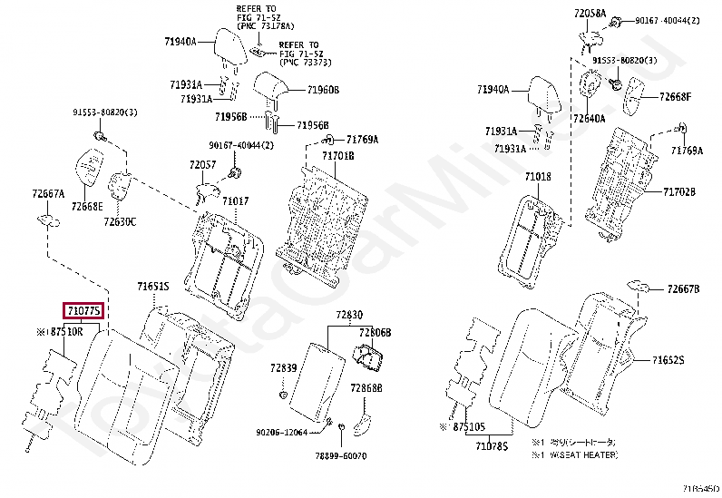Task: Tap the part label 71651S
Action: tap(153, 287)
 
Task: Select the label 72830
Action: tap(349, 314)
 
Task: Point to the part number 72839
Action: tap(283, 367)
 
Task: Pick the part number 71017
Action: tap(235, 200)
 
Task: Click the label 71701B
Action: tap(337, 156)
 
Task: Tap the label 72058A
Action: tap(590, 13)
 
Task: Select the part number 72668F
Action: tap(675, 96)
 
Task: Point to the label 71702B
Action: tap(678, 192)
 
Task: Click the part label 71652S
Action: tap(668, 360)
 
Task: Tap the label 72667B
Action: tap(683, 288)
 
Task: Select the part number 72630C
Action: tap(120, 221)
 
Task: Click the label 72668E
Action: tap(87, 207)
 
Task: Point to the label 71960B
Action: tap(323, 90)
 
